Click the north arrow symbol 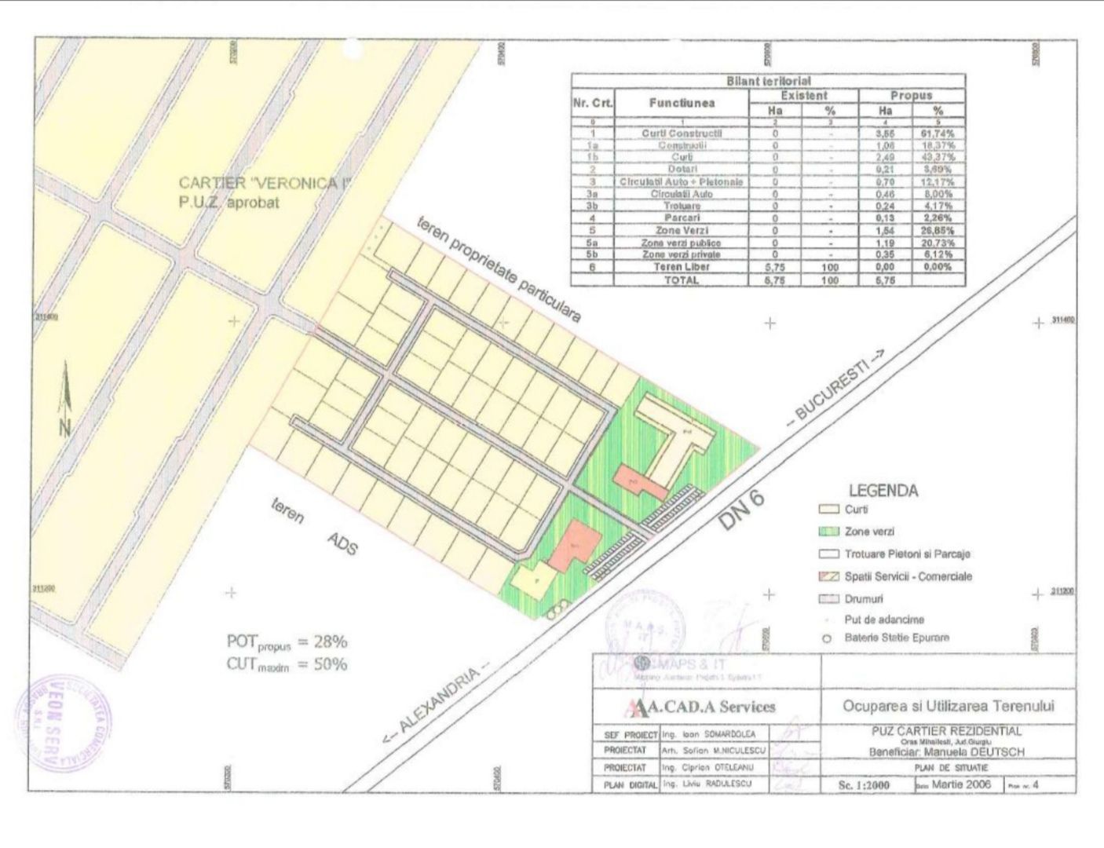[x=65, y=400]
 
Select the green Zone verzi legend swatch [x=829, y=532]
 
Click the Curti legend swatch [x=829, y=510]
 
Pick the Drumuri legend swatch [x=829, y=599]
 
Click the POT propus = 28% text [x=287, y=642]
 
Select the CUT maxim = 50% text [x=287, y=664]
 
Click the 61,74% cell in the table [x=938, y=133]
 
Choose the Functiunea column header [x=682, y=103]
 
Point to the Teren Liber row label [x=682, y=267]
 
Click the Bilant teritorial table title [x=769, y=81]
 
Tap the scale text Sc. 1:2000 [x=864, y=784]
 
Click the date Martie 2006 [x=961, y=784]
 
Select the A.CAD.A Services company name [x=707, y=707]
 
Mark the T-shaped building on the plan [x=676, y=437]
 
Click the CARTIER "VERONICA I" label [x=264, y=184]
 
